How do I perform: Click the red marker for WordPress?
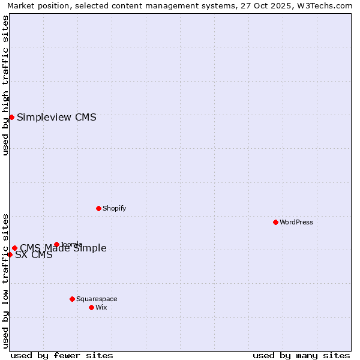(275, 222)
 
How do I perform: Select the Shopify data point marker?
(98, 208)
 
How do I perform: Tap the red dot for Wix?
(91, 307)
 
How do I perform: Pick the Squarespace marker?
(72, 299)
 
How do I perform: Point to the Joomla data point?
(56, 244)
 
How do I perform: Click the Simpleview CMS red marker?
(11, 117)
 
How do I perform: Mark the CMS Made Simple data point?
(14, 248)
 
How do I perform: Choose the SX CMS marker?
(10, 254)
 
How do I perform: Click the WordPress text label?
(296, 223)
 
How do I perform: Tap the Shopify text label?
(114, 209)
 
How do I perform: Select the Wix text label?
(101, 308)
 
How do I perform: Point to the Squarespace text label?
(97, 299)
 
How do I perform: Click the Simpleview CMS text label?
(56, 118)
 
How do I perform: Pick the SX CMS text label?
(34, 255)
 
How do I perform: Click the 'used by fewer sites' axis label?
(62, 355)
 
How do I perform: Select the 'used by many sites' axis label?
(301, 355)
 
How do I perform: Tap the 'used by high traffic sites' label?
(5, 85)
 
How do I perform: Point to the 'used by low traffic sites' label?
(5, 280)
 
